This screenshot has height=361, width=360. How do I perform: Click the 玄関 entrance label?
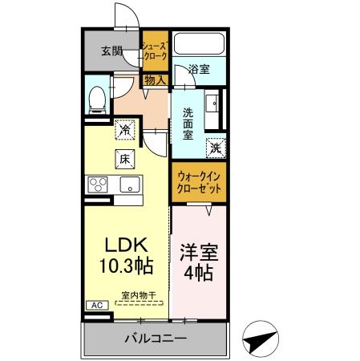click(112, 51)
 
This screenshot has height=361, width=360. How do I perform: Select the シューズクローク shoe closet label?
click(155, 52)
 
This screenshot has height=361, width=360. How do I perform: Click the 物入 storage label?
click(155, 79)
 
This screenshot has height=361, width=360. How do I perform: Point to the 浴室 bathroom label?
click(199, 70)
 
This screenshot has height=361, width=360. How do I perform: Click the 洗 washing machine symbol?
click(215, 147)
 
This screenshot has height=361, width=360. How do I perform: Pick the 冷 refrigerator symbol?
click(126, 128)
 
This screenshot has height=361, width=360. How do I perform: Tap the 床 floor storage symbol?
click(126, 159)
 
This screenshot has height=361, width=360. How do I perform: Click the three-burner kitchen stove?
click(99, 185)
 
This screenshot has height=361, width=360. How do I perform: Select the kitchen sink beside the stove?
click(128, 185)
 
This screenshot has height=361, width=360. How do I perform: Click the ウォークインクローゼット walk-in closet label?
click(200, 181)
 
